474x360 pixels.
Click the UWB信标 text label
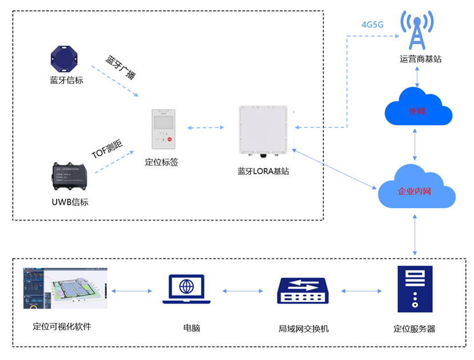click(70, 202)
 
